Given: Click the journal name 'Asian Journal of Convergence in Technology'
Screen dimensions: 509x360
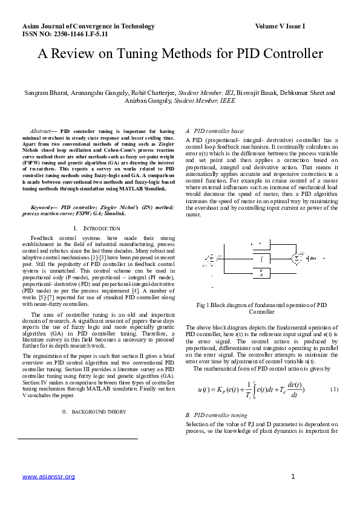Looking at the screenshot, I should tap(88, 27).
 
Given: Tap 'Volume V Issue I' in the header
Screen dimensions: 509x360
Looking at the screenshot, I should tap(280, 27).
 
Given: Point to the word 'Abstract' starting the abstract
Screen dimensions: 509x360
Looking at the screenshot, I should tap(41, 131).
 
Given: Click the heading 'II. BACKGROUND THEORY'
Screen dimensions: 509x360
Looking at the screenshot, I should tap(94, 412).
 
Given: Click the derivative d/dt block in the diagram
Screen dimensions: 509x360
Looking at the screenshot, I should tap(260, 274).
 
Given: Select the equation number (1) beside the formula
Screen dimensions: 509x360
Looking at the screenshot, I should tap(334, 389).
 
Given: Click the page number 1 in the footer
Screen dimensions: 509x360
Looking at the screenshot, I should tap(292, 477).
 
